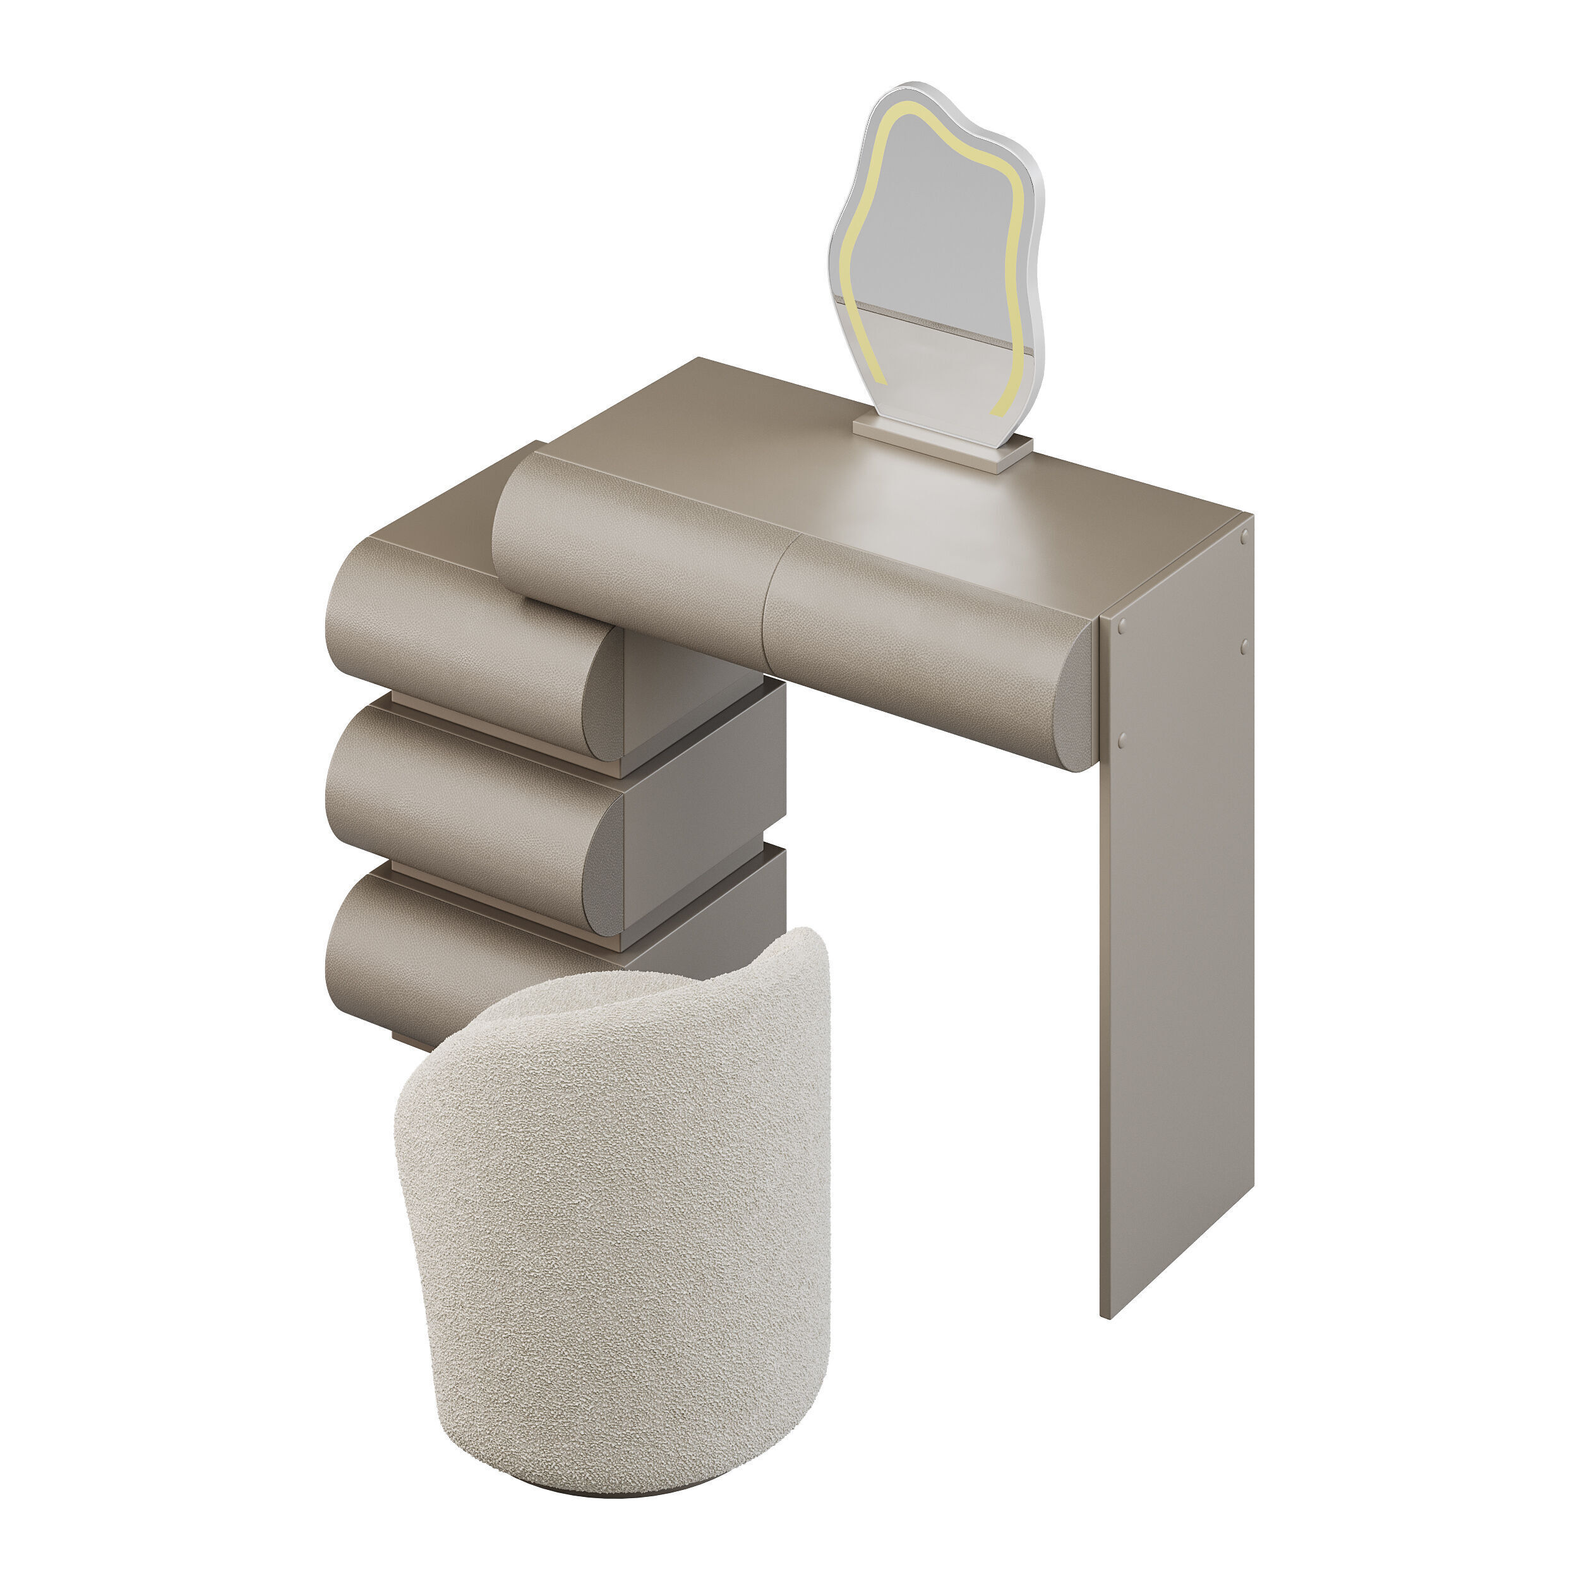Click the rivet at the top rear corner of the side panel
tap(1244, 537)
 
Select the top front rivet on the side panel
tap(1120, 625)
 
